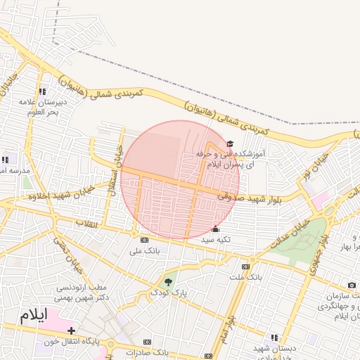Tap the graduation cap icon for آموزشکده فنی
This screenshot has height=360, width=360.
tap(230, 143)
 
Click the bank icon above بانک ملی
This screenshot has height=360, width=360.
tap(145, 239)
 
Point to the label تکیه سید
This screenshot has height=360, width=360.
tap(216, 240)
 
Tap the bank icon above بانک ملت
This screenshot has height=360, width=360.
tap(245, 266)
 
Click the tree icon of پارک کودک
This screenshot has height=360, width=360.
tap(167, 282)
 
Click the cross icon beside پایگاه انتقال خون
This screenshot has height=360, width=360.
tap(71, 330)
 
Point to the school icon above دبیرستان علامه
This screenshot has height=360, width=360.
tap(43, 91)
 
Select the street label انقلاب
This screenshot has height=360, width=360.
tap(87, 224)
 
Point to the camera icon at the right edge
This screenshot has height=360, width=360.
tap(352, 285)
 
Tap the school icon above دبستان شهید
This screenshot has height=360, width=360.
tap(274, 337)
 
